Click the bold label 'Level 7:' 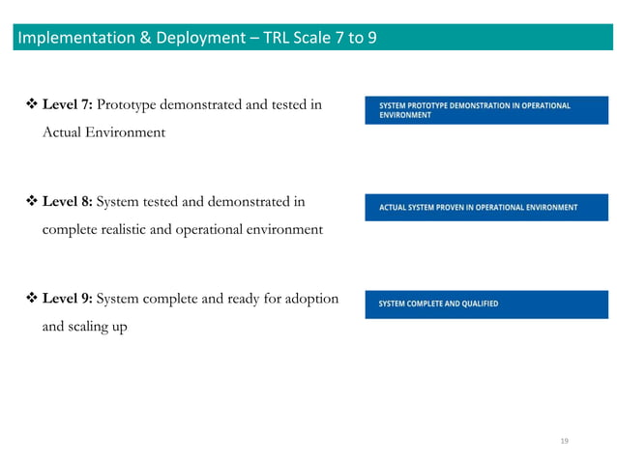pyautogui.click(x=67, y=104)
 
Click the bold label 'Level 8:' pyautogui.click(x=67, y=202)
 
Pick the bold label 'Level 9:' pyautogui.click(x=67, y=299)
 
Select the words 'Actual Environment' pyautogui.click(x=103, y=132)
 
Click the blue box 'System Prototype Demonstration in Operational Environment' pyautogui.click(x=485, y=110)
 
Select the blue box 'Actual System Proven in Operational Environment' pyautogui.click(x=485, y=207)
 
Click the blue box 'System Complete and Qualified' pyautogui.click(x=485, y=303)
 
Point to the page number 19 pyautogui.click(x=565, y=441)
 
